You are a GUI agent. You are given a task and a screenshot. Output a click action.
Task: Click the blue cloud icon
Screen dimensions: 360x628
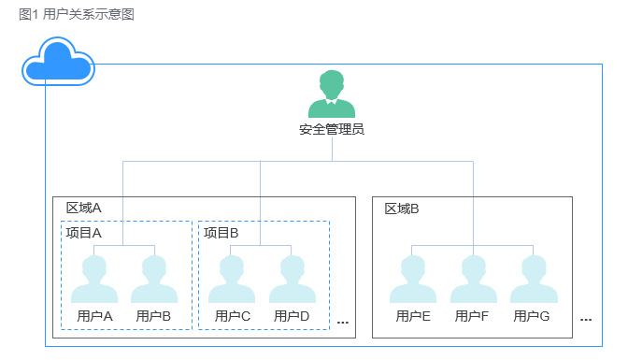tap(59, 62)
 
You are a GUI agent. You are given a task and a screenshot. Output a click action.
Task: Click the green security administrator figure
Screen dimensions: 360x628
tap(332, 94)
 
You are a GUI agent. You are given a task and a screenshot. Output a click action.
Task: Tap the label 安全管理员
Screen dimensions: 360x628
tap(332, 129)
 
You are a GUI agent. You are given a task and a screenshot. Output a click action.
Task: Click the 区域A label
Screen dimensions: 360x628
tap(83, 209)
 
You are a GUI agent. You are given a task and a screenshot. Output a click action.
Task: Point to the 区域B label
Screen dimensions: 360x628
tap(402, 209)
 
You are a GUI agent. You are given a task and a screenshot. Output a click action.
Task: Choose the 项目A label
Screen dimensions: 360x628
tap(83, 233)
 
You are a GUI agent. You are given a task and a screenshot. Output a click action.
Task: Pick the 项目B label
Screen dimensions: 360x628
tap(221, 233)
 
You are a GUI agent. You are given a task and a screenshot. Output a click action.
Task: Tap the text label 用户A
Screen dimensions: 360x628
tap(94, 316)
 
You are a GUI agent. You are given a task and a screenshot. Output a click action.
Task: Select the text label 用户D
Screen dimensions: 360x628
tap(293, 316)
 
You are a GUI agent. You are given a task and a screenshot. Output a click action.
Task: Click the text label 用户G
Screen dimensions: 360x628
tap(533, 316)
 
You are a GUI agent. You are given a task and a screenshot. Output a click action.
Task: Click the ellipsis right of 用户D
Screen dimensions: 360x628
tap(342, 322)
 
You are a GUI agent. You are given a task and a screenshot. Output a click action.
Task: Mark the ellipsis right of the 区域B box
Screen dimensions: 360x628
tap(586, 319)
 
